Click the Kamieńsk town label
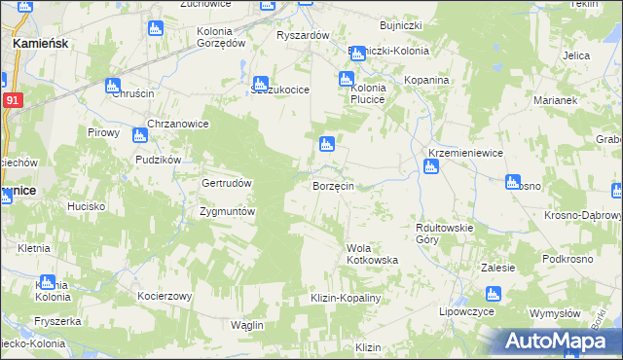tap(38, 45)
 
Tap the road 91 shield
tap(12, 100)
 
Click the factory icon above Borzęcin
tap(328, 146)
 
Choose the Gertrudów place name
tap(227, 183)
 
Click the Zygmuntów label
tap(227, 211)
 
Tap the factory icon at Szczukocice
tap(261, 85)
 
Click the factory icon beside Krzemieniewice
tap(430, 167)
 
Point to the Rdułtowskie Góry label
tap(444, 233)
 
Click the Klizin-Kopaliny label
tap(345, 297)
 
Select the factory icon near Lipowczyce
tap(493, 294)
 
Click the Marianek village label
tap(556, 100)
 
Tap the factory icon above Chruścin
tap(113, 85)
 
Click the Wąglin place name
tap(247, 324)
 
